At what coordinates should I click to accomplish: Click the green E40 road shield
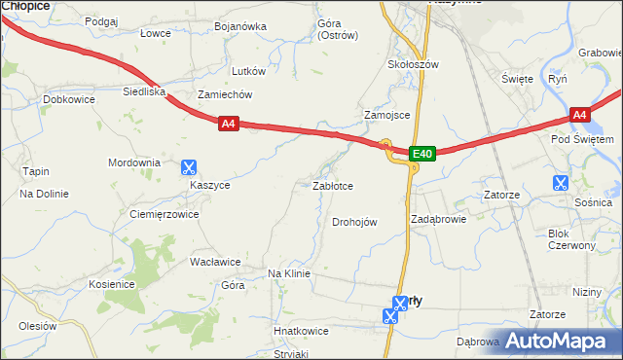pyautogui.click(x=421, y=153)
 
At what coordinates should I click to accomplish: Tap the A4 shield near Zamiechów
pyautogui.click(x=228, y=124)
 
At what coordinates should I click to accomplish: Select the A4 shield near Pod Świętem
pyautogui.click(x=579, y=115)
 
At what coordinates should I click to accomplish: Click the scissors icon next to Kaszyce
pyautogui.click(x=189, y=167)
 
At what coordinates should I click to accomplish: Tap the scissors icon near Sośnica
pyautogui.click(x=560, y=182)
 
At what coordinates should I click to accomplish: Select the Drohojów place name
pyautogui.click(x=354, y=222)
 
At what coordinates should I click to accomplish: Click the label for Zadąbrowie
pyautogui.click(x=438, y=219)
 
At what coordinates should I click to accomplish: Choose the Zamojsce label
pyautogui.click(x=387, y=114)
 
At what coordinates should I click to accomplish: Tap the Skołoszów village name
pyautogui.click(x=414, y=64)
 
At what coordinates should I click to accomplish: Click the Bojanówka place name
pyautogui.click(x=240, y=26)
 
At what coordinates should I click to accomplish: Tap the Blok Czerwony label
pyautogui.click(x=571, y=239)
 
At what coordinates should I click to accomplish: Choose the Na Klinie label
pyautogui.click(x=289, y=274)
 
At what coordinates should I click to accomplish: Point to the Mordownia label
pyautogui.click(x=134, y=162)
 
